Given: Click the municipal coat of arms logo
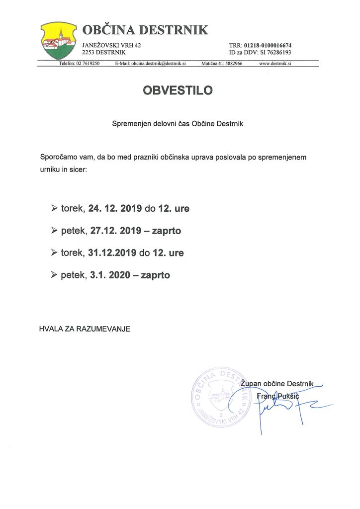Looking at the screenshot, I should pos(59,41).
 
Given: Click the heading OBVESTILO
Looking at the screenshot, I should pos(178,90).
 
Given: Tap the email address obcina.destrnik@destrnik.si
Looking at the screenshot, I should pos(158,64).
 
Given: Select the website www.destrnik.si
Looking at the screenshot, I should pos(275,64).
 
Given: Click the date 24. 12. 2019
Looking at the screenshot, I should pos(115,209).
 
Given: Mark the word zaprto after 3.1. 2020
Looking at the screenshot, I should pos(156,275).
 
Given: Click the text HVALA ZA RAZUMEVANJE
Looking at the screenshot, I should pos(85,329).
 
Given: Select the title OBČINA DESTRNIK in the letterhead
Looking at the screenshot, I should pos(145,30).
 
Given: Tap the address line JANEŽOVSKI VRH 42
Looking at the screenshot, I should pos(111,45).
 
